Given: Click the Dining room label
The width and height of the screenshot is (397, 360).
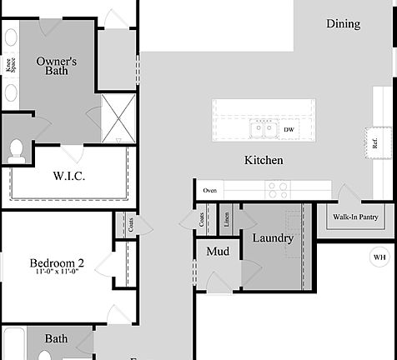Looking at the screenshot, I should tap(343, 24).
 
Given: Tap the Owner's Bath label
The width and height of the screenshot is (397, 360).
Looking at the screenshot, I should tap(57, 67).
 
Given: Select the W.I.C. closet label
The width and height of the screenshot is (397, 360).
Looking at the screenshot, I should tap(69, 176).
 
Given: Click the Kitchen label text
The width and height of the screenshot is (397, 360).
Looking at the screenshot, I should tap(263, 160).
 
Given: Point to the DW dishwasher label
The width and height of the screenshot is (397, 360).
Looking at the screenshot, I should tap(289, 130).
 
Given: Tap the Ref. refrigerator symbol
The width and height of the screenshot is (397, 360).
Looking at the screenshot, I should tap(375, 142).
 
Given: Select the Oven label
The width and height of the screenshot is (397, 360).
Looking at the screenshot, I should tap(210, 191).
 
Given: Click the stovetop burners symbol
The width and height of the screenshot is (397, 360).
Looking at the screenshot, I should tap(277, 189).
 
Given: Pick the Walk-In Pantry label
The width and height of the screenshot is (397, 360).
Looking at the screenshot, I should tap(356, 217).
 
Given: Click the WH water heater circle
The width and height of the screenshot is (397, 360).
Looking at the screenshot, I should tap(379, 257).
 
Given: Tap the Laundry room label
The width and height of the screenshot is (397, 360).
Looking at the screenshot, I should tap(273, 238).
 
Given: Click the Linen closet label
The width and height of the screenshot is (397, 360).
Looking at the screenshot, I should tap(227, 220).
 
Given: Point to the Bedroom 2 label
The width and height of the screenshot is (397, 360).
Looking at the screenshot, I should tap(57, 263).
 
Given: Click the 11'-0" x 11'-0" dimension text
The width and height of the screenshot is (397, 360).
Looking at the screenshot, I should tap(57, 272).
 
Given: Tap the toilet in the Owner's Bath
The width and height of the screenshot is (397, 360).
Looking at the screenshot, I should tap(15, 150).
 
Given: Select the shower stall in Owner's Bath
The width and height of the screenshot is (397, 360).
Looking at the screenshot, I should tap(118, 119).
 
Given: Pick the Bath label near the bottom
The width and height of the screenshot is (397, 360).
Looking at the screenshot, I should tap(56, 339).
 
